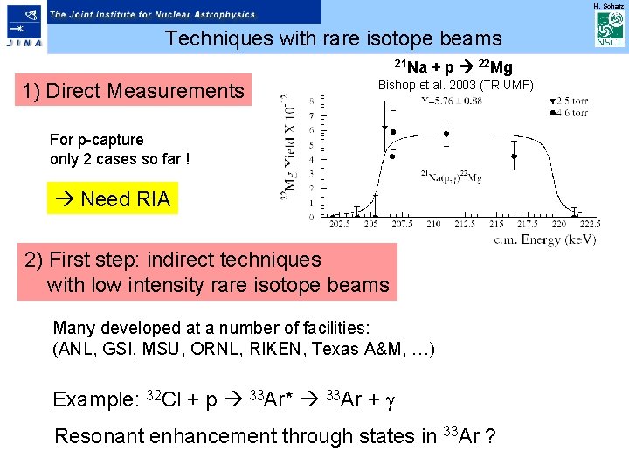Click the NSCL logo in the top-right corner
click(x=608, y=30)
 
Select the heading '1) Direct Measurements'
click(x=134, y=91)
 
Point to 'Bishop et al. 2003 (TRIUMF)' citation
click(x=455, y=85)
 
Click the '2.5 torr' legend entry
click(x=571, y=101)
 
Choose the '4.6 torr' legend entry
click(x=571, y=113)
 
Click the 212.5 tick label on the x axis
click(x=464, y=224)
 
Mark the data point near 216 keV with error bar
click(x=515, y=156)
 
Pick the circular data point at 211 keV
click(x=446, y=134)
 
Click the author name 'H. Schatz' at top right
click(x=608, y=6)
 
